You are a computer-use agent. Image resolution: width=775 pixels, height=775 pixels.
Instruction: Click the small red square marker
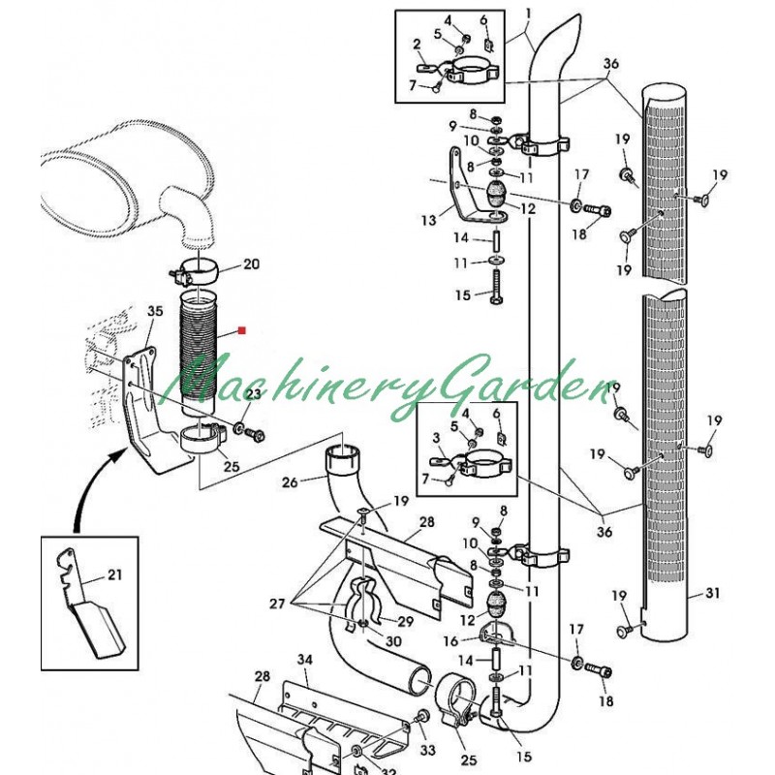[x=241, y=331]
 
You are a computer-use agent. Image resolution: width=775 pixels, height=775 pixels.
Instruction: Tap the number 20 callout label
[x=251, y=263]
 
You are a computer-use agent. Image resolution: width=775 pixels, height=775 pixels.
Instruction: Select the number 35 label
[x=155, y=311]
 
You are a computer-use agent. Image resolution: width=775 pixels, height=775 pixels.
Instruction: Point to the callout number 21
[x=114, y=575]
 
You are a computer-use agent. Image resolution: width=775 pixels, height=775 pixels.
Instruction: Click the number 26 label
[x=290, y=481]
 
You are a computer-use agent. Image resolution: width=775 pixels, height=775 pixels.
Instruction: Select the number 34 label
[x=305, y=660]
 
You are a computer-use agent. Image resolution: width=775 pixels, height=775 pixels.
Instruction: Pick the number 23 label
[x=253, y=394]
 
